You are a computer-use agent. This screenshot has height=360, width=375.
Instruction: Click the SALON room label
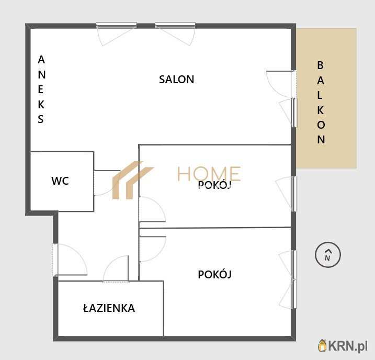(x=176, y=80)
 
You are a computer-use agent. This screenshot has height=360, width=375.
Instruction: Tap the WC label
(x=60, y=181)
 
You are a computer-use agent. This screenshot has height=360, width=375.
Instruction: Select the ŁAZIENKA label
(x=109, y=308)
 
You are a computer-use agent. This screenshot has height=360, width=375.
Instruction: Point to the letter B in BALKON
(x=321, y=65)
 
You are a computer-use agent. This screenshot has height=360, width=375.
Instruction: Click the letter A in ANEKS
(x=41, y=60)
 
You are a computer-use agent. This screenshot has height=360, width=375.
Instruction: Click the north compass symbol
(x=328, y=255)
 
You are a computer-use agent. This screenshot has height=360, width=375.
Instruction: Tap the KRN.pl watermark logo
(x=344, y=345)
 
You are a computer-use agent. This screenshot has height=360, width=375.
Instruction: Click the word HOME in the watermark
(x=209, y=173)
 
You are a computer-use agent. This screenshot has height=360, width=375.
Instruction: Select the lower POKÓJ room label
(x=214, y=274)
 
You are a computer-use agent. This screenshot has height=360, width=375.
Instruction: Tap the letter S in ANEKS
(x=41, y=119)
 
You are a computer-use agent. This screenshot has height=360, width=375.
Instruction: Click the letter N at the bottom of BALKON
(x=321, y=140)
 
